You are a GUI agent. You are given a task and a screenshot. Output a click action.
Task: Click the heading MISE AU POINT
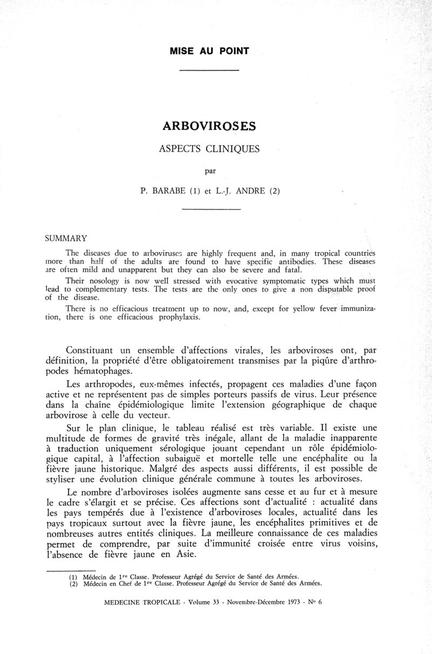[x=209, y=51]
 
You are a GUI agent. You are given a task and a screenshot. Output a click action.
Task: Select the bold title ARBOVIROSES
[x=209, y=126]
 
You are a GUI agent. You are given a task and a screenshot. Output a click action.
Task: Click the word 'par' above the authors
[x=210, y=172]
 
